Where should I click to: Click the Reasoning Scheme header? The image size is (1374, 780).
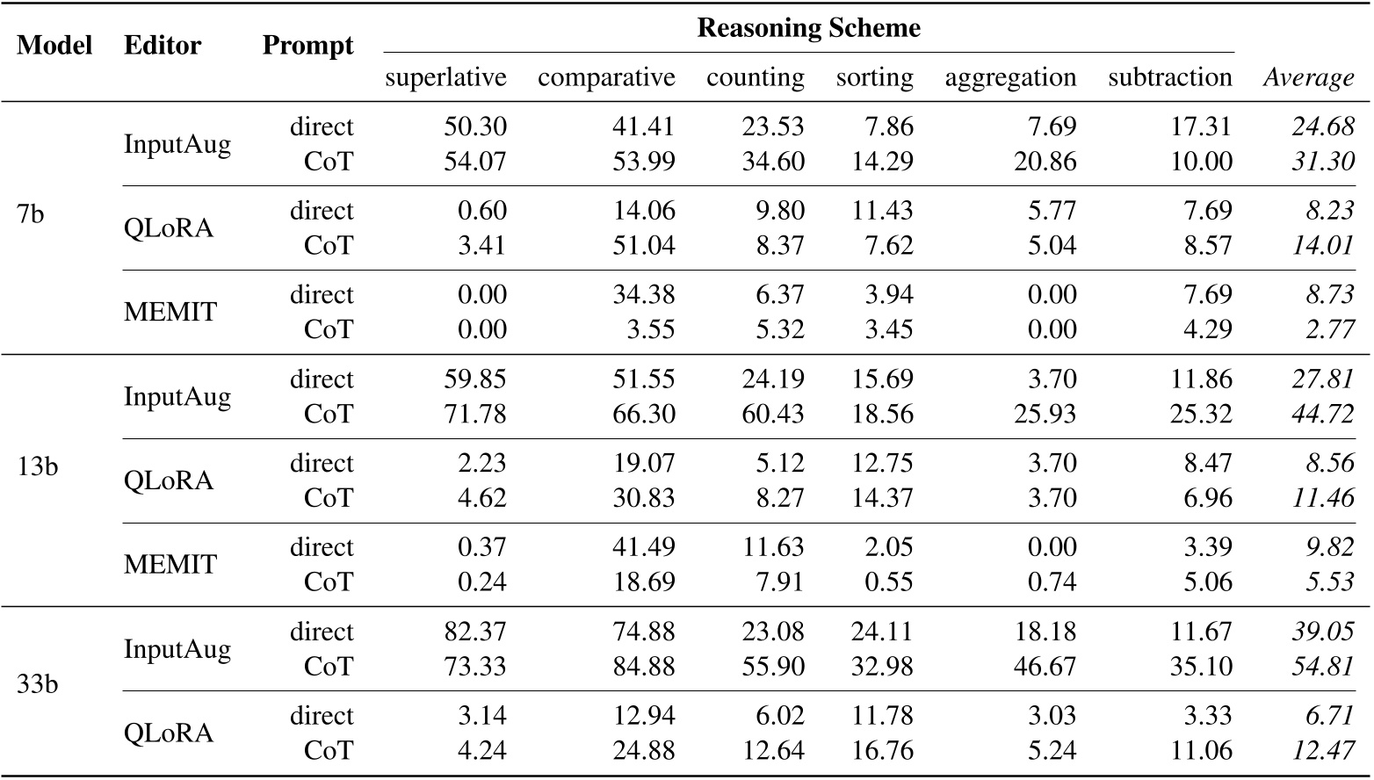coord(808,28)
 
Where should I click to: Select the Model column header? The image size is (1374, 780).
coord(54,46)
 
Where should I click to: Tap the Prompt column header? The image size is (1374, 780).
coord(307,46)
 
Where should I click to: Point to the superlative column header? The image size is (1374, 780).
coord(445,77)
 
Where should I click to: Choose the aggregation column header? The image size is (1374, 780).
coord(1010,77)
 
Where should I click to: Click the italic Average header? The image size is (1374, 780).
coord(1308,78)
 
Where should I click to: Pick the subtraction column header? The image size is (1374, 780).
coord(1169,77)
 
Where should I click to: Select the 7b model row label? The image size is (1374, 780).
coord(31,213)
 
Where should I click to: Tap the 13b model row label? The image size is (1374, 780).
coord(37,466)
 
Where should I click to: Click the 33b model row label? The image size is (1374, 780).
coord(37,683)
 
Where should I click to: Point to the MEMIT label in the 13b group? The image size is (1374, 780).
coord(170,564)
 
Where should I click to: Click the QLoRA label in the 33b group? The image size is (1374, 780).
coord(169,733)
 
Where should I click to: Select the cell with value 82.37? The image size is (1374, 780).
coord(475,632)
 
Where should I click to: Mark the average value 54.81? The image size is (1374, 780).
coord(1323,667)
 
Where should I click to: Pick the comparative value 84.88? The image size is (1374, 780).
coord(644,667)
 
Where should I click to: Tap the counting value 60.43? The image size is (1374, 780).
coord(773,414)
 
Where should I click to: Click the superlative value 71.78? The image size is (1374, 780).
coord(475,414)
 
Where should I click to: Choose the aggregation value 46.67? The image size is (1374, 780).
coord(1045,667)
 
